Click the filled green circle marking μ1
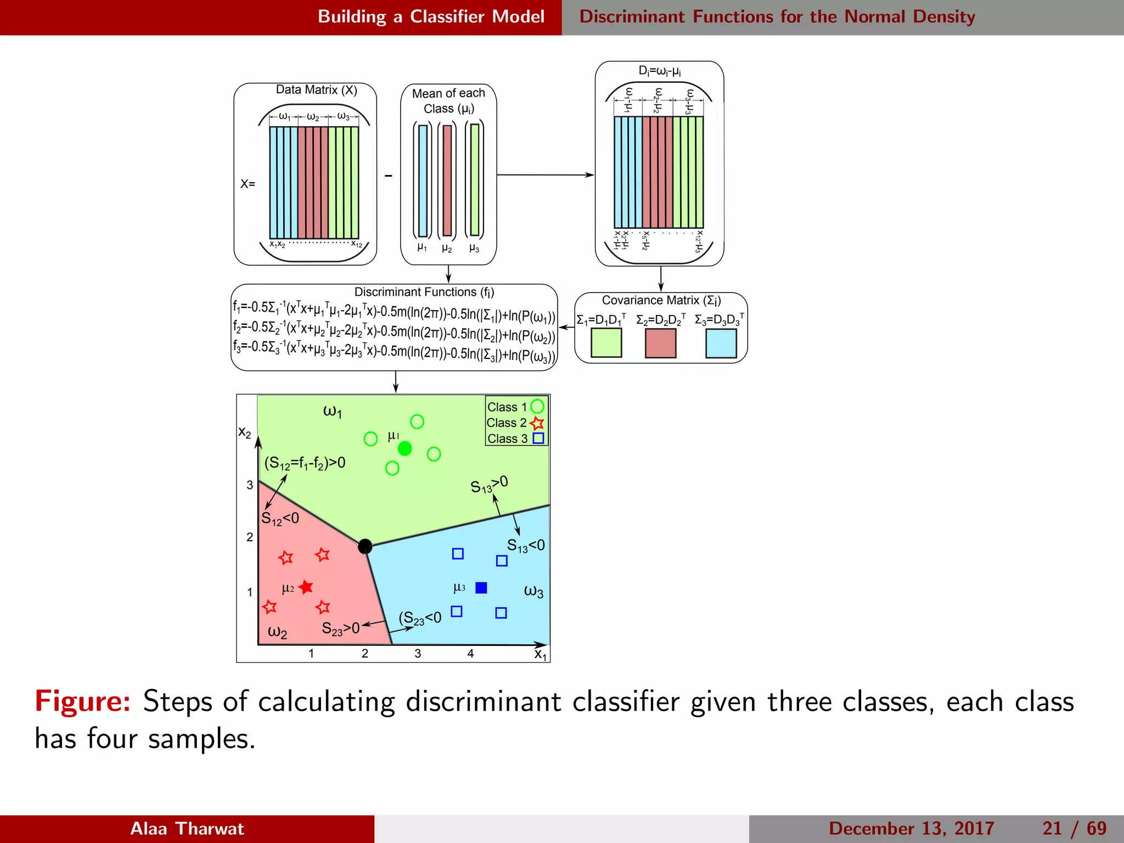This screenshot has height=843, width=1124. [x=404, y=448]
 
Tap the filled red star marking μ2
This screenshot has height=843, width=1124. [x=306, y=587]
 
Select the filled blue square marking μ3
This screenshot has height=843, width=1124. [x=481, y=588]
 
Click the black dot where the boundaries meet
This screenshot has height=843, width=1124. [x=365, y=546]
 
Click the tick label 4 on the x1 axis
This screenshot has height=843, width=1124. [x=470, y=654]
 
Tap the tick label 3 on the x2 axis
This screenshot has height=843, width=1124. [x=250, y=485]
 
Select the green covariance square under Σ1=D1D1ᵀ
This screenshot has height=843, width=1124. [x=606, y=342]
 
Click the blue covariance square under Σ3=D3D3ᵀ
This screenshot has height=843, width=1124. [x=721, y=342]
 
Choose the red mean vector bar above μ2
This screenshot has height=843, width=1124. [x=447, y=181]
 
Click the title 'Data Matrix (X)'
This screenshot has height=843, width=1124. [x=316, y=90]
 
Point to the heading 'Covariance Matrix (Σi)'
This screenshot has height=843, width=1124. [x=661, y=300]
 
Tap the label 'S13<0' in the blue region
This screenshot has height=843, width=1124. [x=525, y=546]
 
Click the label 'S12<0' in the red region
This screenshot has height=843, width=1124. [x=280, y=519]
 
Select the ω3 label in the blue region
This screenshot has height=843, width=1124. [x=533, y=591]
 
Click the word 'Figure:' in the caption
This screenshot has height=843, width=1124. [x=83, y=701]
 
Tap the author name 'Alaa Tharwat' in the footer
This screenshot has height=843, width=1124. [x=187, y=828]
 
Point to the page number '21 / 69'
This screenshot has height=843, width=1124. [x=1074, y=828]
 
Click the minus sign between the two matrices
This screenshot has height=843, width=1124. [x=389, y=176]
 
